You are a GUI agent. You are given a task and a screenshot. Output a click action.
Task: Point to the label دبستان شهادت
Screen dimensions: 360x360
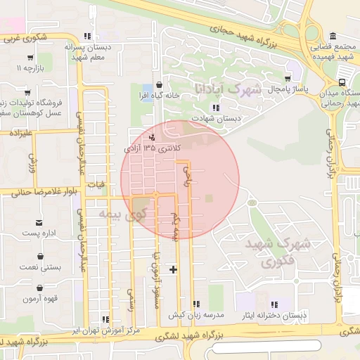[217, 118]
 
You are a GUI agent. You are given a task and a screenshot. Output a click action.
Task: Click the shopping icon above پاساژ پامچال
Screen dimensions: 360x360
[287, 79]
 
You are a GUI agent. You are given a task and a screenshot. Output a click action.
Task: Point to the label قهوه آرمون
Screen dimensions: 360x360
[39, 299]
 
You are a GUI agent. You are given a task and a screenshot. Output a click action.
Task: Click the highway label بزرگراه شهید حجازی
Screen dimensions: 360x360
[245, 34]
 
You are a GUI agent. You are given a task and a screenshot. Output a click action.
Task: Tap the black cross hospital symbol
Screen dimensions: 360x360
[174, 269]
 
